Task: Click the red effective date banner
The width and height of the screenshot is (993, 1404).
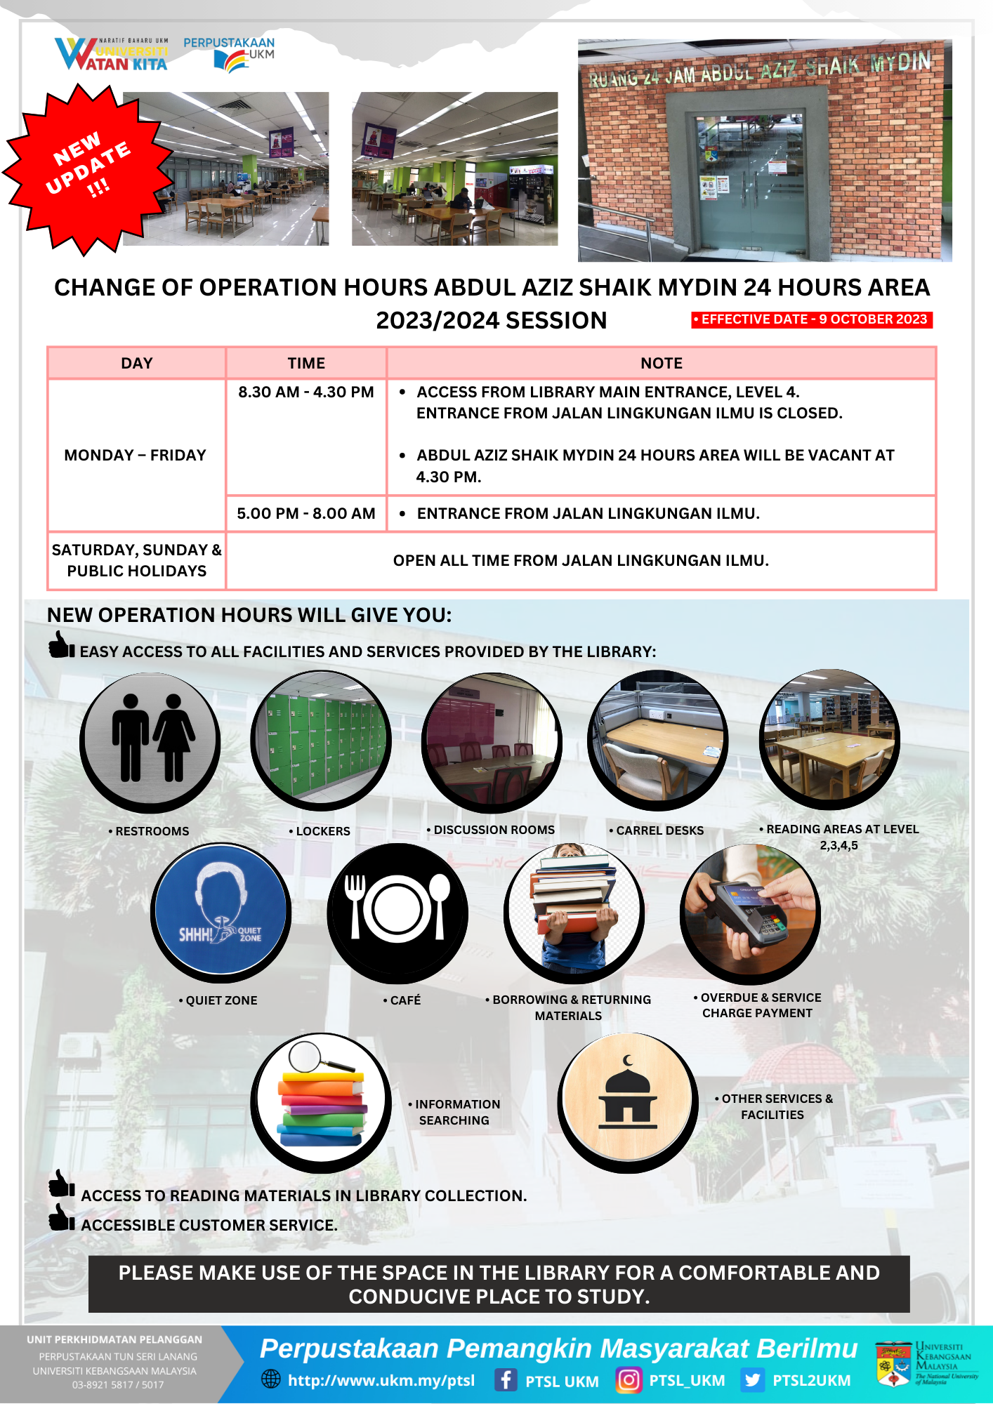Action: click(811, 319)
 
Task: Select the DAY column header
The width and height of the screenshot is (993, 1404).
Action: click(136, 363)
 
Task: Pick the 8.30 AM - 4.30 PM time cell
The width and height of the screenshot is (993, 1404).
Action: click(305, 392)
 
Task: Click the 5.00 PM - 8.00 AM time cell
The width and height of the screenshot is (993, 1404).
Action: click(305, 513)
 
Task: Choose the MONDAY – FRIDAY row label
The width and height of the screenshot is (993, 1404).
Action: click(136, 455)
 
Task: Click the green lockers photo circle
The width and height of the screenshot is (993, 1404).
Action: click(321, 737)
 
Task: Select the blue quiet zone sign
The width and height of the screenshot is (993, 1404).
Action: click(221, 910)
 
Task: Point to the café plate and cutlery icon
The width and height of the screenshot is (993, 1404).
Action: click(397, 910)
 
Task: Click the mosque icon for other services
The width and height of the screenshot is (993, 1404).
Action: click(627, 1100)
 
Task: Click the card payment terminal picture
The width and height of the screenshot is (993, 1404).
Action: click(750, 910)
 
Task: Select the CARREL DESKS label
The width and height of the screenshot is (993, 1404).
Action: click(657, 830)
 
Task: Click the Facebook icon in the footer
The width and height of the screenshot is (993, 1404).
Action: click(505, 1379)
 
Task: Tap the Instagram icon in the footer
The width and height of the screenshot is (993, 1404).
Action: click(629, 1379)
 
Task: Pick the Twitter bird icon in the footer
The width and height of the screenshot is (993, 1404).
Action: click(752, 1379)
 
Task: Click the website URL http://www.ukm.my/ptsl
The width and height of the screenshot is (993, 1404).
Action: click(381, 1380)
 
